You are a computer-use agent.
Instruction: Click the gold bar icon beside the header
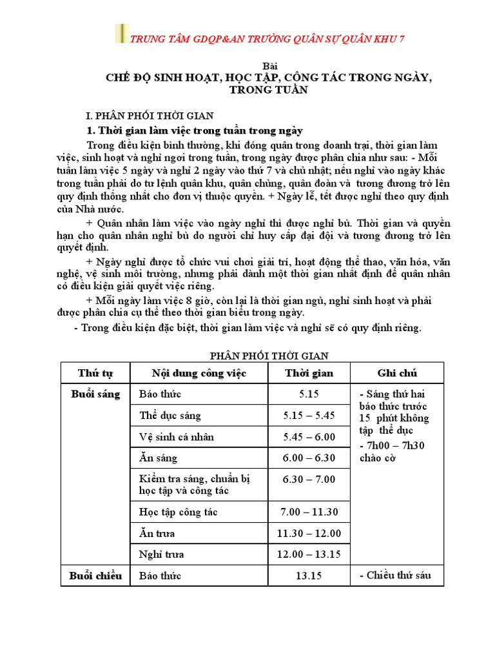point(121,34)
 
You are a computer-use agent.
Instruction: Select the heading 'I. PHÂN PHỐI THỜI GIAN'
point(150,116)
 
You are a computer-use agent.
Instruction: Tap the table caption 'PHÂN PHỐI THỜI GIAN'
point(269,356)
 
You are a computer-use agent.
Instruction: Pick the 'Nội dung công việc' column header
point(199,373)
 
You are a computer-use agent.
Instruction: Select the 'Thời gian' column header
point(309,373)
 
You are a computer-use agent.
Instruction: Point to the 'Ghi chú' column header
point(397,373)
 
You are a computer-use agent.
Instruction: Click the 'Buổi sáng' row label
point(95,394)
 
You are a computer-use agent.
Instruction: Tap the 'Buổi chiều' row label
point(95,576)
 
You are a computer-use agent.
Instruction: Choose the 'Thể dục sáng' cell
point(170,416)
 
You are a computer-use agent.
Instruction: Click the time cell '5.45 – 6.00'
point(309,437)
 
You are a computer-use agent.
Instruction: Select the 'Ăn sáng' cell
point(158,458)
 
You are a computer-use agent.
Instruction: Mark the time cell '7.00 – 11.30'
point(309,512)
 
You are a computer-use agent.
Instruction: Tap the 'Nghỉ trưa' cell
point(162,554)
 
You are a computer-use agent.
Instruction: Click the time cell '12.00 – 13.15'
point(309,554)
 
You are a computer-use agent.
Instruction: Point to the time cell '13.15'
point(309,576)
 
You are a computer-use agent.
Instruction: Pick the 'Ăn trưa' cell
point(157,533)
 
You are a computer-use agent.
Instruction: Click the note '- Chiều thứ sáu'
point(394,575)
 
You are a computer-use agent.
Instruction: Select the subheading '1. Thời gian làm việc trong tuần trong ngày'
point(195,131)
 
